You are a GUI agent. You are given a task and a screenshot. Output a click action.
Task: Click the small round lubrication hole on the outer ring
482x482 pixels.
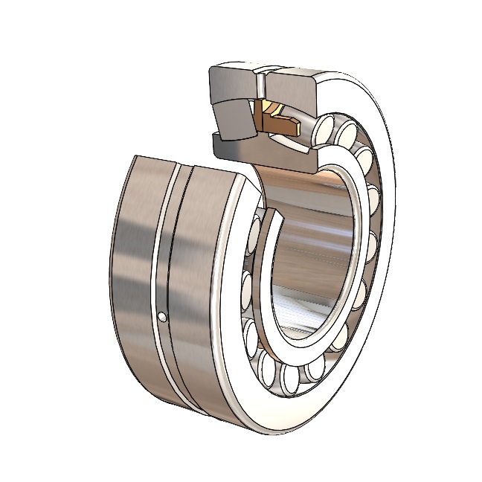tap(163, 318)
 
